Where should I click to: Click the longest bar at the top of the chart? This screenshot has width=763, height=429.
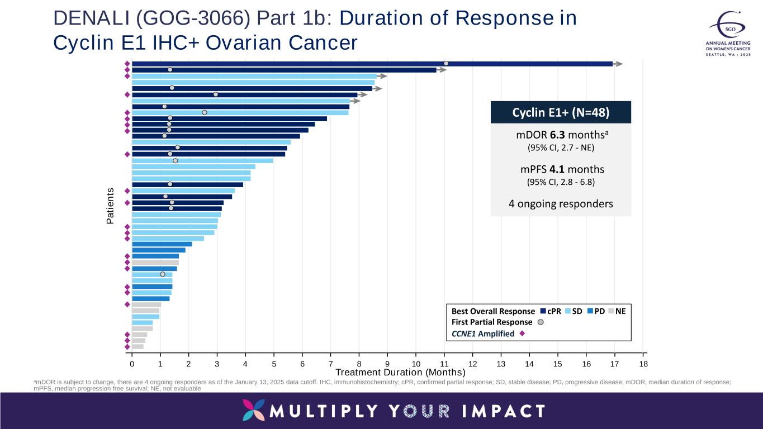point(335,64)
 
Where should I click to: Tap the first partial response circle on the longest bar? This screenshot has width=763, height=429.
point(446,63)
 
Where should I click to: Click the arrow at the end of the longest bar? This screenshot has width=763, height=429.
point(618,64)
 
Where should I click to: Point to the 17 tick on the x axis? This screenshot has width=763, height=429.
point(615,364)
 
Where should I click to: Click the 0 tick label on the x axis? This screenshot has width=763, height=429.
point(132,364)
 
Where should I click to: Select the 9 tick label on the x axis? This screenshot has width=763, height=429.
point(387,364)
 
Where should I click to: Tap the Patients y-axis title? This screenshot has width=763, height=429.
point(110,207)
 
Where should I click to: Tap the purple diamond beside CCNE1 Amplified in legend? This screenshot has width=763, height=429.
point(522,334)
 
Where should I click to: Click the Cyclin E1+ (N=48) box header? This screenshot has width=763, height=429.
point(561,112)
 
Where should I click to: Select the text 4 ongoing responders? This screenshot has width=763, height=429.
point(561,203)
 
